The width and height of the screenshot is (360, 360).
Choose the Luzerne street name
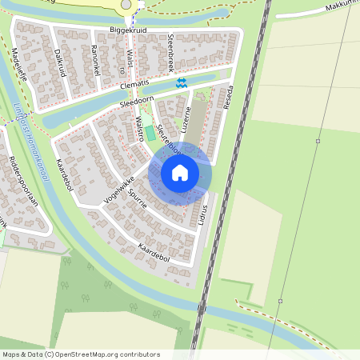tap(189, 120)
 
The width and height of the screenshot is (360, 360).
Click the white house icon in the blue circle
tap(180, 173)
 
